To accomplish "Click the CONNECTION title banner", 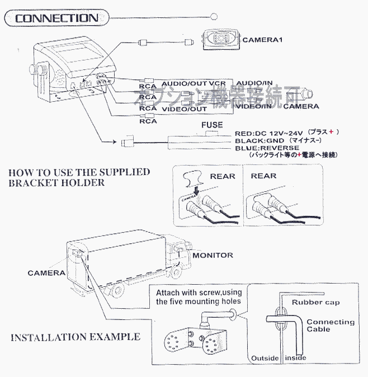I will point(56,18).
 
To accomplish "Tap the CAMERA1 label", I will point(263,40).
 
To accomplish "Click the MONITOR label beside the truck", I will point(213,255).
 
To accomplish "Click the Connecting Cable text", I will point(330,326).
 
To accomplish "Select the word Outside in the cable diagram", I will point(265,357).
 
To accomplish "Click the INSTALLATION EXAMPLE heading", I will point(76,337).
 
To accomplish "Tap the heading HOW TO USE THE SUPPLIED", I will point(79,172).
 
